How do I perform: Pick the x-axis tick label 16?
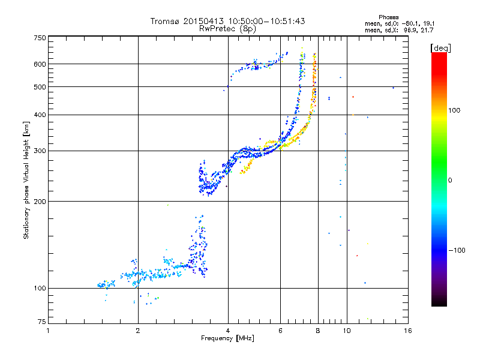pos(408,331)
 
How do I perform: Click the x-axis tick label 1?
pos(48,331)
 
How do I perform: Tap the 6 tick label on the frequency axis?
pos(280,331)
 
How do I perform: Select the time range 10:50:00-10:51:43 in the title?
pos(260,21)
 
